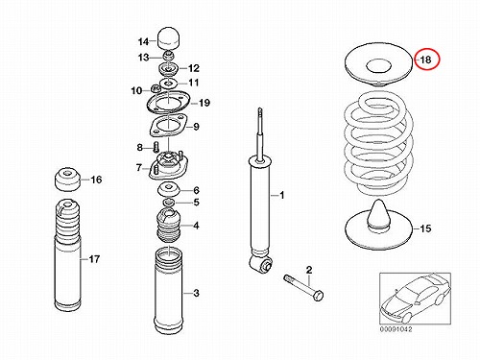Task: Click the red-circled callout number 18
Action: point(426,60)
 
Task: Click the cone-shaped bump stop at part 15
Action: point(379,214)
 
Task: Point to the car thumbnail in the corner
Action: point(415,299)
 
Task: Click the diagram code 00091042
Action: point(396,329)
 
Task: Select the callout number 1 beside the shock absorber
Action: point(281,195)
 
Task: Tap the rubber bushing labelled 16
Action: point(66,180)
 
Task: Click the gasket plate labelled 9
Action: point(167,127)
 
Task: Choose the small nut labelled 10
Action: point(156,88)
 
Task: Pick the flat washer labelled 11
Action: point(168,84)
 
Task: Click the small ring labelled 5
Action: point(169,203)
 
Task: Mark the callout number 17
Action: point(94,259)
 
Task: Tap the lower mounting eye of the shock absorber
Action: point(261,263)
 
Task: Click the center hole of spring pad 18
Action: point(378,67)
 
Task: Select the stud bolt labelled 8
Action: point(156,148)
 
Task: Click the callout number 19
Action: point(204,103)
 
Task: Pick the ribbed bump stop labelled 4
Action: point(168,225)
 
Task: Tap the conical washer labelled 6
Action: point(169,190)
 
